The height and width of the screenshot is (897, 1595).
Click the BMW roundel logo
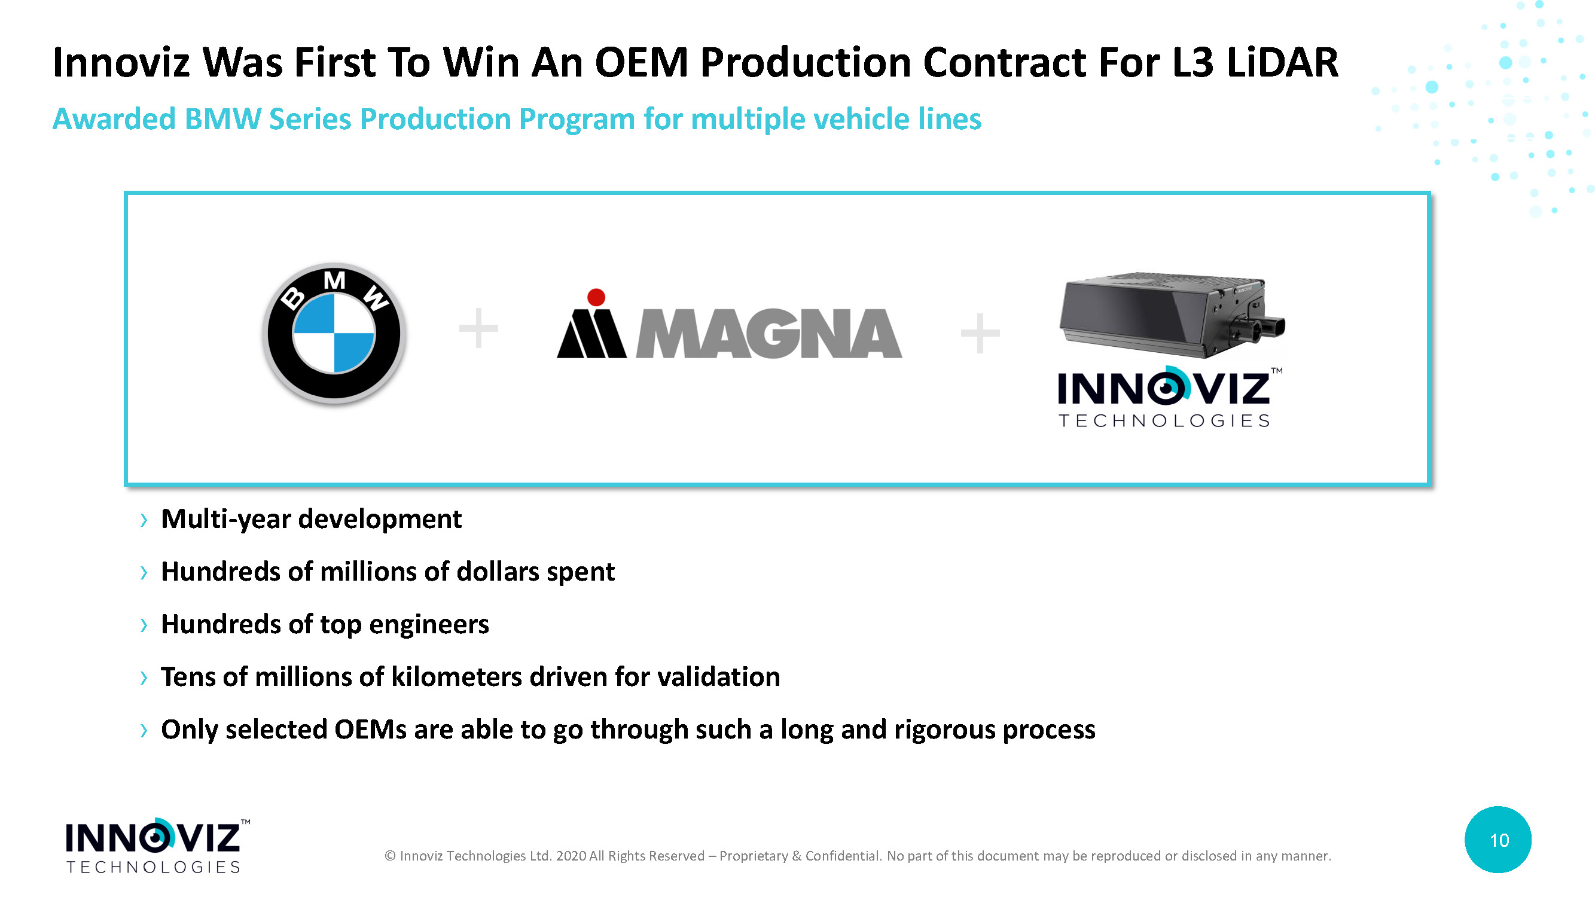pos(334,334)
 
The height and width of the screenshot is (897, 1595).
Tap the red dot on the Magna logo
pos(596,297)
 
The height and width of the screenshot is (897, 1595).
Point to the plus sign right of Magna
pos(980,333)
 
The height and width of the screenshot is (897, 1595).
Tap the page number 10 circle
pos(1498,840)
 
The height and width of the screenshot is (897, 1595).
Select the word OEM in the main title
pos(642,63)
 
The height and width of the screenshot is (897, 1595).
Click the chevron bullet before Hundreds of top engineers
pos(144,626)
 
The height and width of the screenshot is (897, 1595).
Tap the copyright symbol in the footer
pos(390,856)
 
